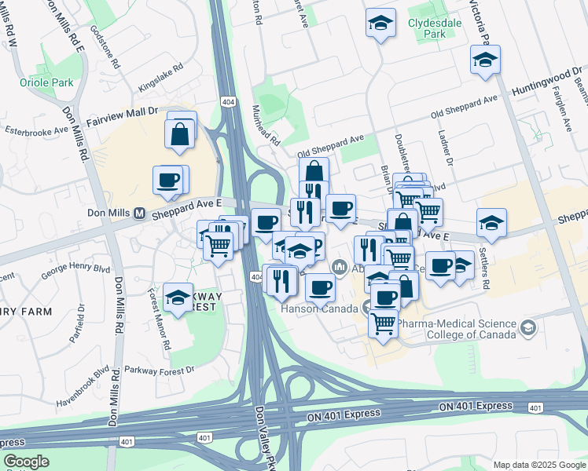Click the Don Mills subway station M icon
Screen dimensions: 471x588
click(140, 213)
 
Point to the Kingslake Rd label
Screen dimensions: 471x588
click(160, 78)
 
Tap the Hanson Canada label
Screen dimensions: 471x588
click(318, 309)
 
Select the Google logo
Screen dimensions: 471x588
click(26, 462)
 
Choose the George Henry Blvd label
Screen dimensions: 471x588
click(75, 272)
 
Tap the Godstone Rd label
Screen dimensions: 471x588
click(105, 46)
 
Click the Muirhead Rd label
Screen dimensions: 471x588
click(266, 126)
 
